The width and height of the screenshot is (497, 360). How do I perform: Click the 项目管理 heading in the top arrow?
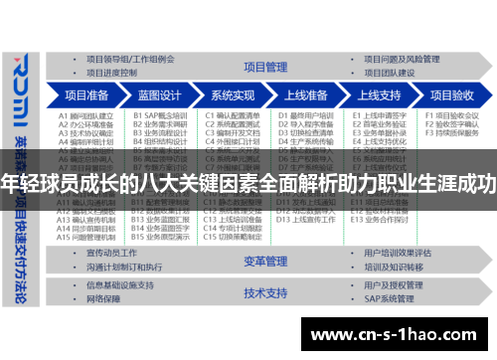[262, 67]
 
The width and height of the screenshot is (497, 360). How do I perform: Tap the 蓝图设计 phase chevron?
[160, 95]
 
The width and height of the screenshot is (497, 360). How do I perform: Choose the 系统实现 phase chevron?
[234, 95]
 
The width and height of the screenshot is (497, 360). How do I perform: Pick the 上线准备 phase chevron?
[306, 95]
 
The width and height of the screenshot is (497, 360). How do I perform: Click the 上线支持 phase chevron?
[379, 95]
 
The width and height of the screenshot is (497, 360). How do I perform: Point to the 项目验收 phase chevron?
[449, 95]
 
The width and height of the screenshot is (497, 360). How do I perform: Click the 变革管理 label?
[262, 261]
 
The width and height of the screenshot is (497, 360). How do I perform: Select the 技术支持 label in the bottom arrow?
[262, 293]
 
